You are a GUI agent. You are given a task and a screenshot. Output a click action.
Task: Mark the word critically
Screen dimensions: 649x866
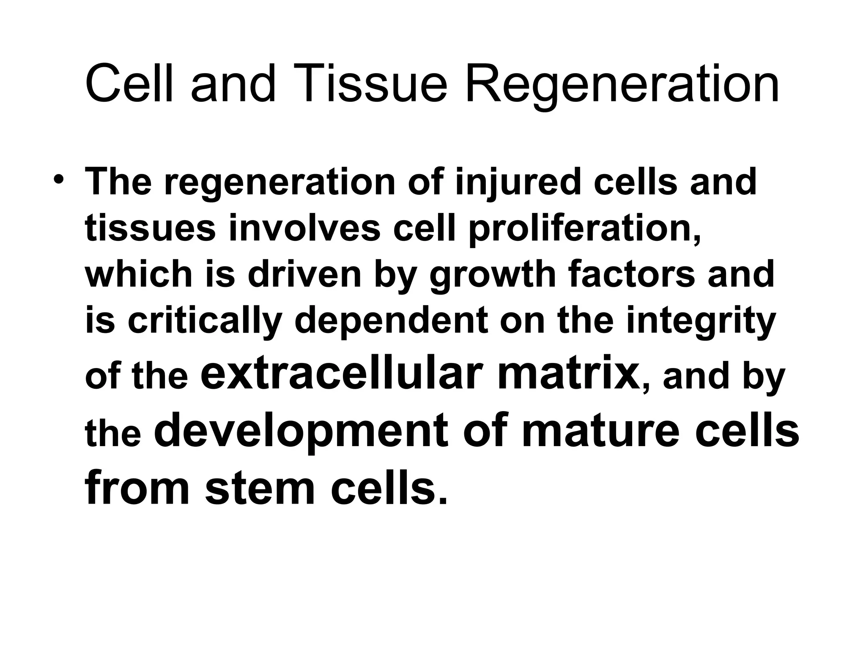(x=205, y=322)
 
